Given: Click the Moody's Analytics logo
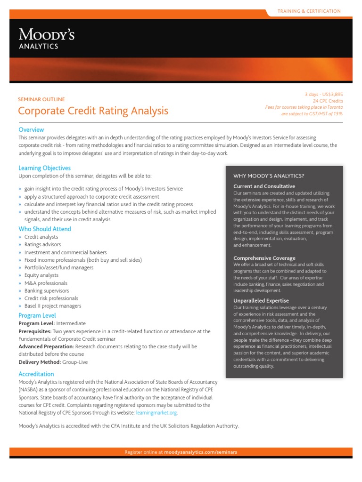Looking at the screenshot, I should pos(46,39).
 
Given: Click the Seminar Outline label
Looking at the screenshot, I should pos(41,99).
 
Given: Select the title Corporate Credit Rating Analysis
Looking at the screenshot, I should pos(93,111).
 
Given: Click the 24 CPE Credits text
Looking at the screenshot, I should pos(328,101).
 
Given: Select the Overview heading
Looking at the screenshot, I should pos(31,129).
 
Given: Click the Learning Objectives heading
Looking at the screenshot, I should pos(44,168).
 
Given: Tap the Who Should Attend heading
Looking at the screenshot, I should pos(45,229).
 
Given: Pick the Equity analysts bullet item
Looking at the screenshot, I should pos(41,275).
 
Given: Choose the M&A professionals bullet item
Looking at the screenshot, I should pos(46,283).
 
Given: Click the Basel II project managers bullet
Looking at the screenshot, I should pos(53,306).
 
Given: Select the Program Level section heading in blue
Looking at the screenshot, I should pos(37,315).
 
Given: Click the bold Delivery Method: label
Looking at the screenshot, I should pos(39,362).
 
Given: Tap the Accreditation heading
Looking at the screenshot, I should pos(36,374).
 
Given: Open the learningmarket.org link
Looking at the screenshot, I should pos(156,413).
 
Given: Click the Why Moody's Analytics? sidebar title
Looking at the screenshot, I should pos(269,176).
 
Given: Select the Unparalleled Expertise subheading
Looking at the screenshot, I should pos(261,300).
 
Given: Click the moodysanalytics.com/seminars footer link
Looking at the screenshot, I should pos(201,452).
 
